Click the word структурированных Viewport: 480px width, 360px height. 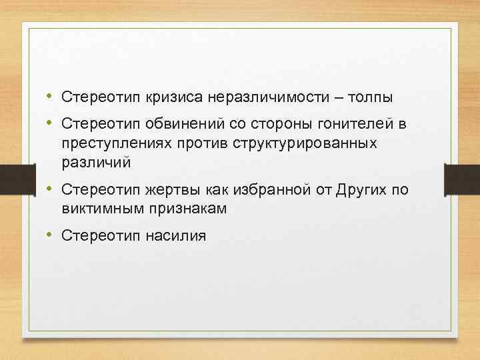(x=303, y=143)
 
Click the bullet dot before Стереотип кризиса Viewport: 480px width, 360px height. (x=50, y=97)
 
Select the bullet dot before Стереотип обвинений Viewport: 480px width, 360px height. (x=50, y=124)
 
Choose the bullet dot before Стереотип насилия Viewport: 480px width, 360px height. (x=50, y=235)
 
